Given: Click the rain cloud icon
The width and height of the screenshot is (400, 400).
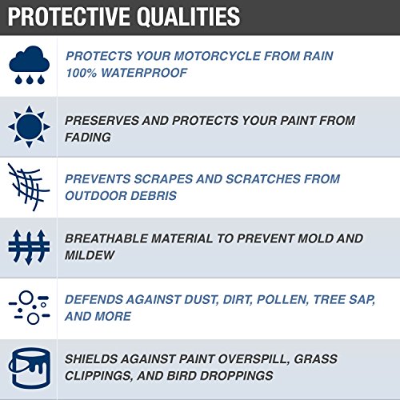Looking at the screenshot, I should point(28,64).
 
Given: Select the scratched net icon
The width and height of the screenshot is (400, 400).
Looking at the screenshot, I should point(28,186).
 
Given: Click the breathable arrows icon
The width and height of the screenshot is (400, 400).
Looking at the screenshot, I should point(28,246).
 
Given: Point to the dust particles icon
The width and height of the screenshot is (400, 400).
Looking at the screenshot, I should point(28,307).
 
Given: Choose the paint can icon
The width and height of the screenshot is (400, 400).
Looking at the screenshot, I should point(28,367).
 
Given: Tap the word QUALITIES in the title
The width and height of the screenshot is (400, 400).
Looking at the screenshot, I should point(192,16).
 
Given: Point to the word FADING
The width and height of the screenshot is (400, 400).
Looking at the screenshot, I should point(88,137).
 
